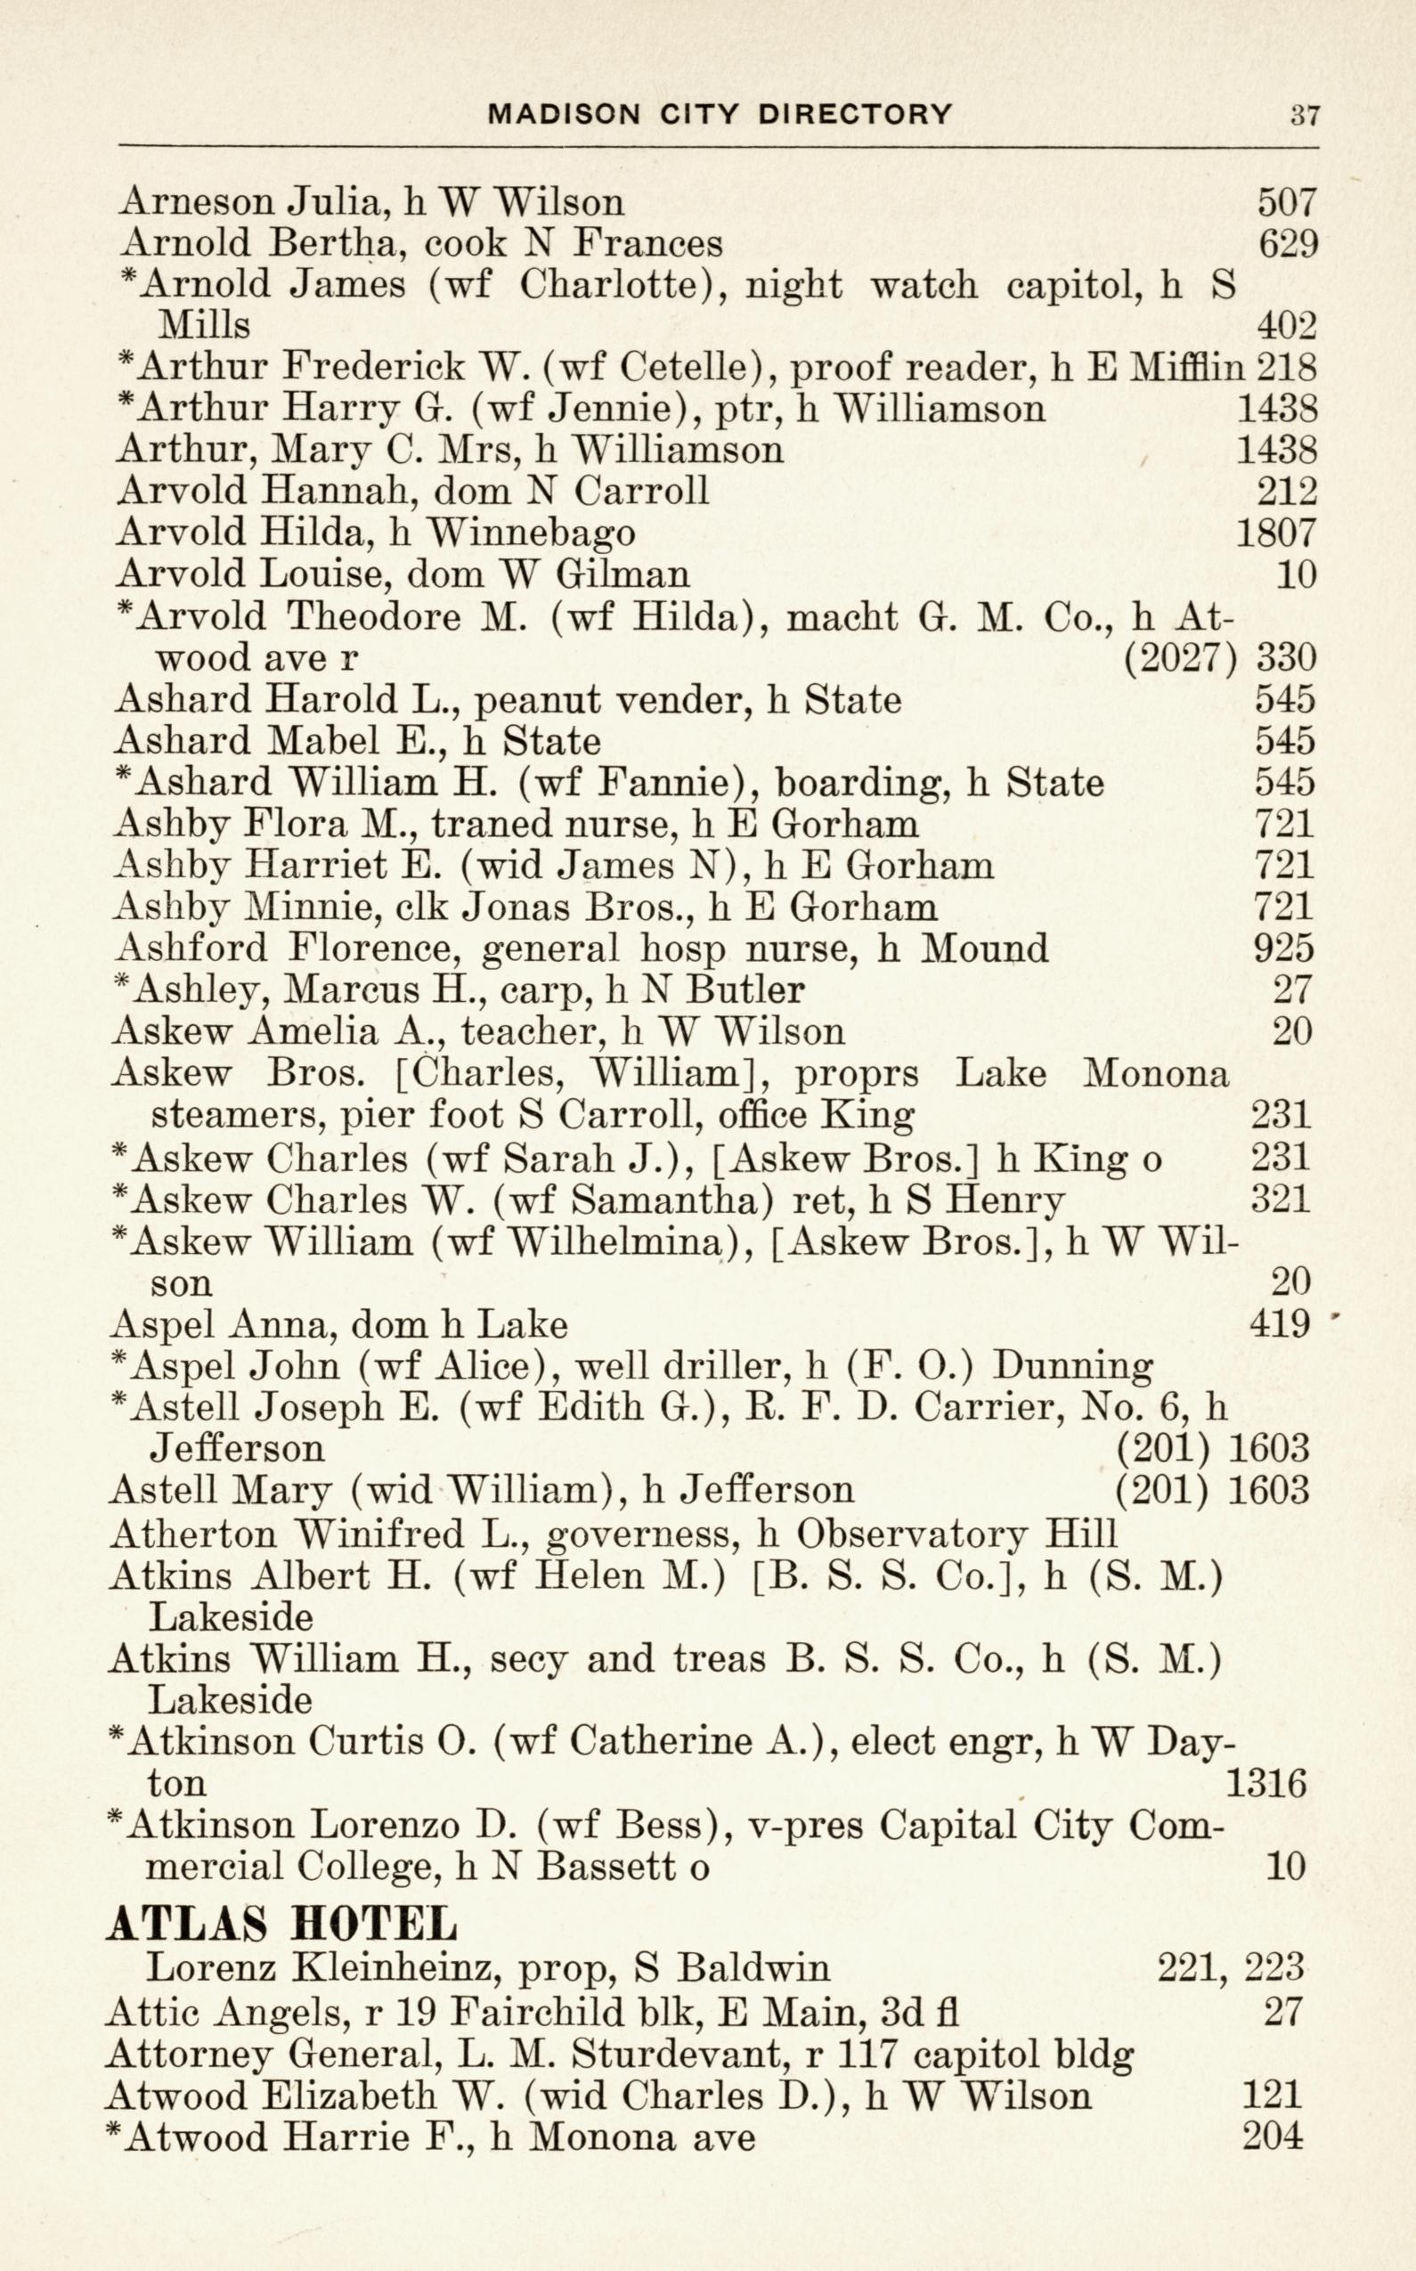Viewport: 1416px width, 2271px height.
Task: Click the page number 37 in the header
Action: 1305,115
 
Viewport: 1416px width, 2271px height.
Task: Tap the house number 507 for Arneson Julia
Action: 1287,201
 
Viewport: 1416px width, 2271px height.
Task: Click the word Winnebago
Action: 531,533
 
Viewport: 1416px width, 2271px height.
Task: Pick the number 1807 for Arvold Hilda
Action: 1276,533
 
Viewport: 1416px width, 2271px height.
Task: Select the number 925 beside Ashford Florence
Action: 1284,948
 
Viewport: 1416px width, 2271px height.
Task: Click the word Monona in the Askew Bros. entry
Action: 1155,1073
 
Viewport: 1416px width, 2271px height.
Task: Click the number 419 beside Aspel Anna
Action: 1279,1324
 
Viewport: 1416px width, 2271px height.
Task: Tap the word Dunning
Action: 1072,1366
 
